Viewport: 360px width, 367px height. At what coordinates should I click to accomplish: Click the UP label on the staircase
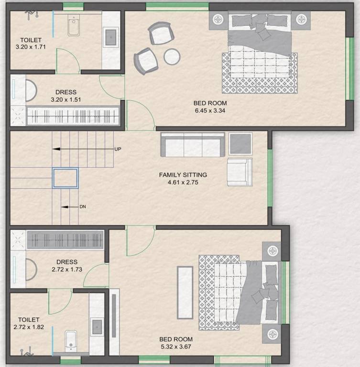pos(118,149)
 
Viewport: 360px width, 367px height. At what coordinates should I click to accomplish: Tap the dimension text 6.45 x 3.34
pos(210,110)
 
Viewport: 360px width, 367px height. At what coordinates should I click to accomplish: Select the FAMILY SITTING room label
pos(183,175)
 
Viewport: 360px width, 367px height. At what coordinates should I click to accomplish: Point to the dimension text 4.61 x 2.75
pos(183,182)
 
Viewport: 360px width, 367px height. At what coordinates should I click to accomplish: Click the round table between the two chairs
pos(172,57)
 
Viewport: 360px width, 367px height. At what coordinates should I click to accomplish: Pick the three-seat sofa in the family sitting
pos(193,144)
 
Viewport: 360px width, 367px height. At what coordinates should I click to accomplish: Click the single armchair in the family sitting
pos(240,172)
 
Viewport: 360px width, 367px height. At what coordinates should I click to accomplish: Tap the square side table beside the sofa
pos(240,143)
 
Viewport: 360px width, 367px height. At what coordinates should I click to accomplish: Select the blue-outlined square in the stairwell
pos(65,177)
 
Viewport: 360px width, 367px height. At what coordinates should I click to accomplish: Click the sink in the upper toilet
pos(111,37)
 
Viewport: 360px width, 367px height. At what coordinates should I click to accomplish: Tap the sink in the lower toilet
pos(97,327)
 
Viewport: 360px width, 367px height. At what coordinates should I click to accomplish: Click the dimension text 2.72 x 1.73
pos(66,269)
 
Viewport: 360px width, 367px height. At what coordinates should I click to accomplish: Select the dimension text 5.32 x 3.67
pos(175,346)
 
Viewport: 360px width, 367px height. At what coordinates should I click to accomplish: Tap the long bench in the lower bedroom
pos(185,292)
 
